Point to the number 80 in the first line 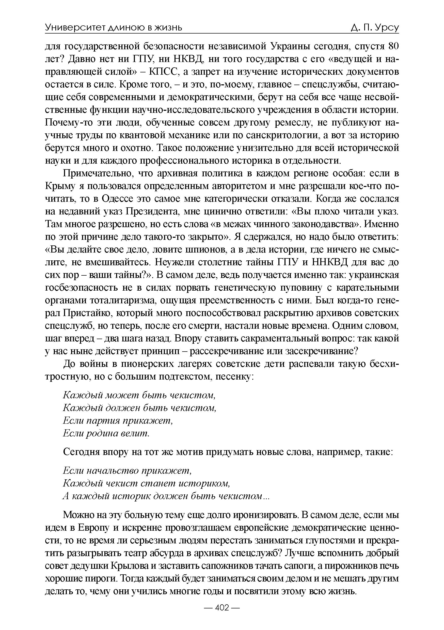tap(392, 46)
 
